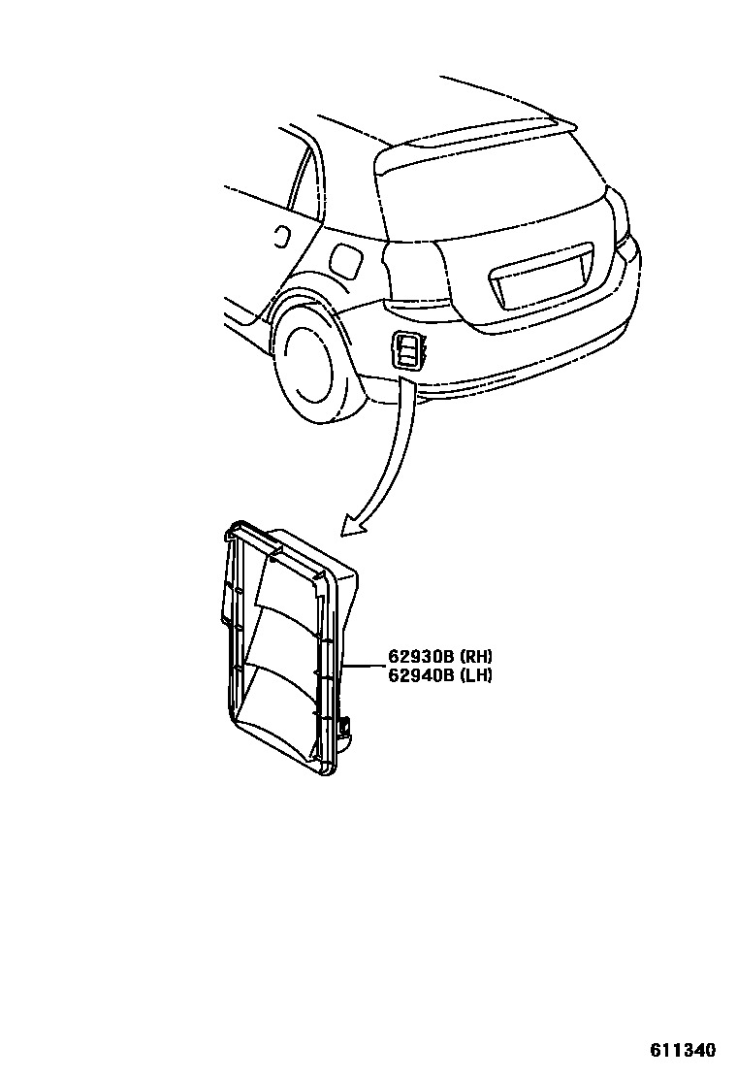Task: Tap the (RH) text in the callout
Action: pyautogui.click(x=474, y=656)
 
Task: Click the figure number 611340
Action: pyautogui.click(x=682, y=1051)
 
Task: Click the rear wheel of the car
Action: pyautogui.click(x=309, y=367)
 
